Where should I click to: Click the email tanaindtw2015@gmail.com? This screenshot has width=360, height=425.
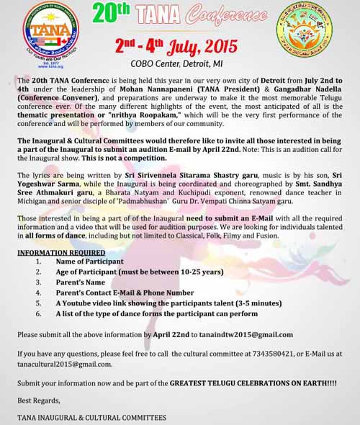point(250,334)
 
